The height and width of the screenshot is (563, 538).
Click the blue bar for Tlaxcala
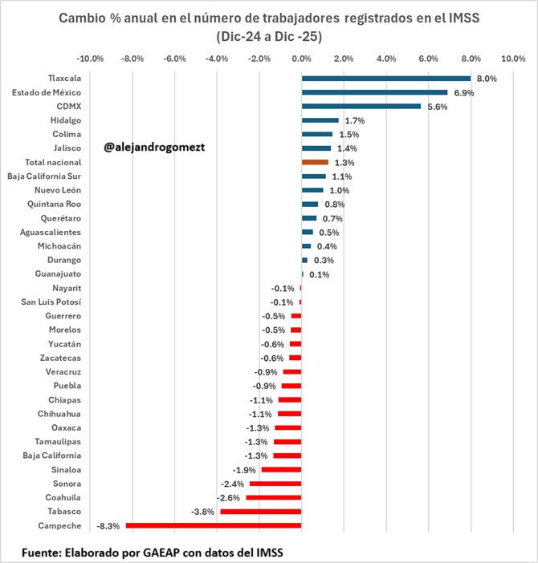(x=385, y=79)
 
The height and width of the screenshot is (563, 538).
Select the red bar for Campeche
(x=213, y=525)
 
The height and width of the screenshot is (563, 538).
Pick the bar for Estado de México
(x=374, y=92)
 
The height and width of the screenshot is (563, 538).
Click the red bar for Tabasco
(x=260, y=512)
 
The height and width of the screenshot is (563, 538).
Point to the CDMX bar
(x=361, y=106)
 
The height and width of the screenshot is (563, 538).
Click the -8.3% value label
(x=108, y=526)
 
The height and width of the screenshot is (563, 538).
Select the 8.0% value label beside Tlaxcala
(x=487, y=79)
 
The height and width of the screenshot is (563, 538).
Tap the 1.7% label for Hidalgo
(x=354, y=120)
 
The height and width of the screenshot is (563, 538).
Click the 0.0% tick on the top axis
(x=301, y=59)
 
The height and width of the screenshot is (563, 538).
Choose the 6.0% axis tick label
(x=428, y=59)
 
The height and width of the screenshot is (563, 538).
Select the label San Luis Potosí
(x=51, y=302)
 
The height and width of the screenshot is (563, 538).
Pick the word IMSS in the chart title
(x=463, y=18)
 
